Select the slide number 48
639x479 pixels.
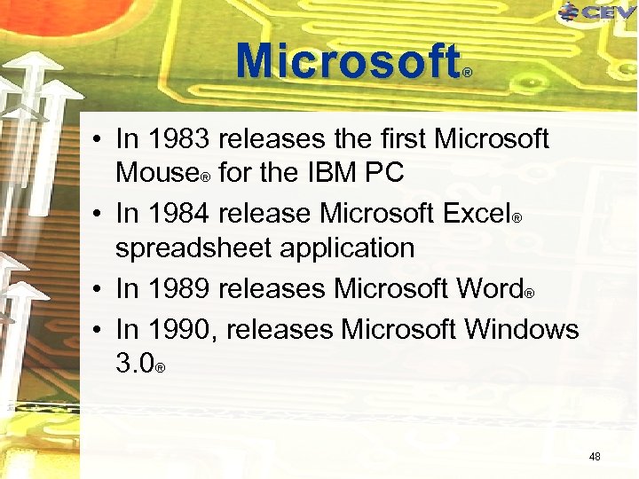tap(595, 457)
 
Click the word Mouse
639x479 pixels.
tap(156, 172)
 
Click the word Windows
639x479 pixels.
tap(521, 330)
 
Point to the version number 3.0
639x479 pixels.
tap(135, 363)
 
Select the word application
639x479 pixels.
tap(347, 248)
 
